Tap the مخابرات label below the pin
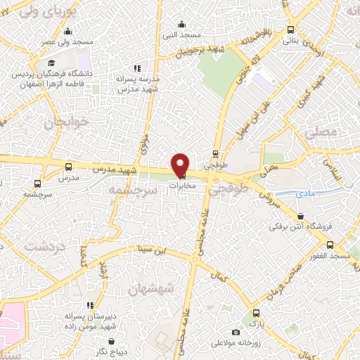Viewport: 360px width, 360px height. (182, 186)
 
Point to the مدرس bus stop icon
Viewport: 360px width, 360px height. (67, 167)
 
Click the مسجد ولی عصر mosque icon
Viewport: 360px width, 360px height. (67, 31)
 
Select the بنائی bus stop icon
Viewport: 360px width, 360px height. (291, 30)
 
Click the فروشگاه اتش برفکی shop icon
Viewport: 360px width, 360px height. (302, 216)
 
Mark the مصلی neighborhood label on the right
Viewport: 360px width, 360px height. (323, 132)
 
